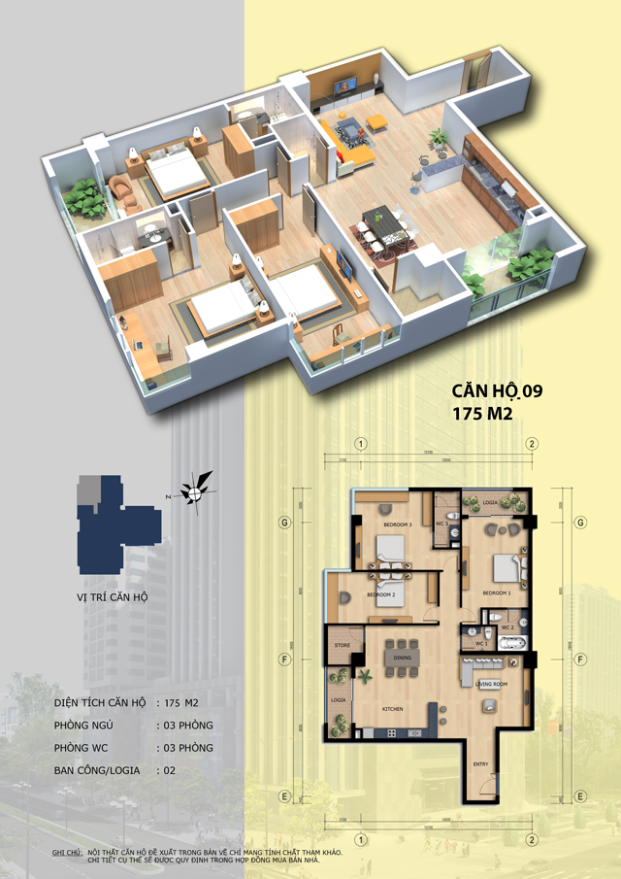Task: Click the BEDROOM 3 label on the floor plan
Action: (x=397, y=525)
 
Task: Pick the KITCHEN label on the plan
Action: (x=392, y=710)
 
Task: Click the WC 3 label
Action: (x=440, y=524)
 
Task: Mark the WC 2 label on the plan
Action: (x=507, y=627)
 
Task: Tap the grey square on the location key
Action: (x=88, y=488)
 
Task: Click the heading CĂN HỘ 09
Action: (x=497, y=391)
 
